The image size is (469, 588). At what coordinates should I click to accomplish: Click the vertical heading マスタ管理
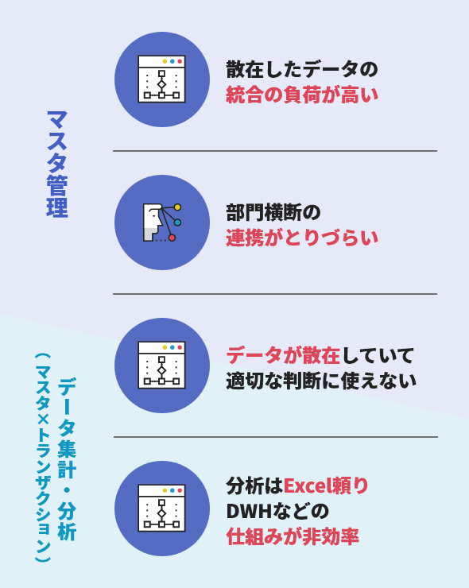[57, 164]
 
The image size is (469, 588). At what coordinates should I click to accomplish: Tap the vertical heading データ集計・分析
[67, 458]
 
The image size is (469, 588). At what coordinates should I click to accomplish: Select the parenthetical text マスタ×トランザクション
[43, 457]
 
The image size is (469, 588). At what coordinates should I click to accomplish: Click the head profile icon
[153, 222]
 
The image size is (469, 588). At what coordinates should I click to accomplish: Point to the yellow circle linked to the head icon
[177, 207]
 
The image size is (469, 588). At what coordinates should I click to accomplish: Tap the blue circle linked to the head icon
[177, 222]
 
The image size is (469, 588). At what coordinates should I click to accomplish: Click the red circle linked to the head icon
[172, 238]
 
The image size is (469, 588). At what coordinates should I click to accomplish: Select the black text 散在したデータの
[301, 70]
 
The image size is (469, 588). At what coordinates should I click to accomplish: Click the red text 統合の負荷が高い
[301, 95]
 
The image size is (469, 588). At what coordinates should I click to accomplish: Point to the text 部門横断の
[273, 213]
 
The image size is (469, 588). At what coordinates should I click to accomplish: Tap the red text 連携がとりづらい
[301, 238]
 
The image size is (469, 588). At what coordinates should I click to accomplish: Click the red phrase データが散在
[283, 355]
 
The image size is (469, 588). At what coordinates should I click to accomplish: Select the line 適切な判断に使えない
[321, 381]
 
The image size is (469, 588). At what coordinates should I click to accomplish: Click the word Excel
[306, 486]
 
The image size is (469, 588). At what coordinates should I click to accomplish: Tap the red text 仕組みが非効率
[293, 536]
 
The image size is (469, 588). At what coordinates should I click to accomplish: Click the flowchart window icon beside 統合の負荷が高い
[161, 79]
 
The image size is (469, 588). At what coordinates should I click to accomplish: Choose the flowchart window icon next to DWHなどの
[161, 508]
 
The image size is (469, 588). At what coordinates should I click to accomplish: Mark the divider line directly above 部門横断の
[275, 151]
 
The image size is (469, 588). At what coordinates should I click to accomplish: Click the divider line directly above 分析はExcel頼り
[276, 437]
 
